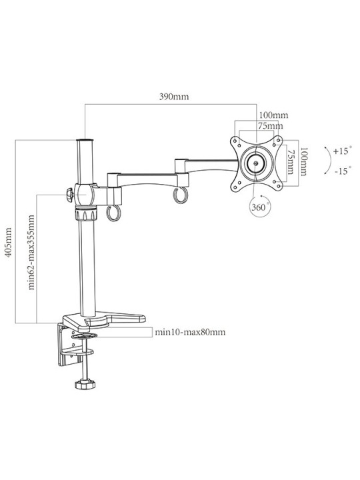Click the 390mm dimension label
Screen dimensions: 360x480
click(x=174, y=97)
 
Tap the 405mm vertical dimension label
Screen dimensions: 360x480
click(x=9, y=243)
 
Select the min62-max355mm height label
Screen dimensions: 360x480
click(x=31, y=252)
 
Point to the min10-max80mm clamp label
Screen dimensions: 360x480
click(x=190, y=332)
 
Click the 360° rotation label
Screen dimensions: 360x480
click(x=259, y=207)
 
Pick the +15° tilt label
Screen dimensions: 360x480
click(x=341, y=151)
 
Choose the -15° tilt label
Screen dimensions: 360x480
click(x=342, y=171)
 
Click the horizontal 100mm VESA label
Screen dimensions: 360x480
click(x=274, y=115)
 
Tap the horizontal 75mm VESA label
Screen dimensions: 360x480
click(x=270, y=126)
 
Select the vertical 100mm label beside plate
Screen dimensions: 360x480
click(x=303, y=161)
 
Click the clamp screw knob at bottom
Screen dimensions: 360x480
click(x=85, y=384)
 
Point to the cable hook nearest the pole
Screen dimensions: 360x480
click(x=113, y=213)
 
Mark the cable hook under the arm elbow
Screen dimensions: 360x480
click(x=180, y=195)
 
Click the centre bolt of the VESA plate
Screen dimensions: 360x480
click(x=256, y=163)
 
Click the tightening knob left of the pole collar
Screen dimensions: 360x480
click(x=69, y=195)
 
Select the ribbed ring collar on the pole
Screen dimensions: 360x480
click(x=86, y=214)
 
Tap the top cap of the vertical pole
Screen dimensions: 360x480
click(x=85, y=141)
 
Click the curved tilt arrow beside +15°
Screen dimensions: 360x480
click(x=330, y=161)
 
